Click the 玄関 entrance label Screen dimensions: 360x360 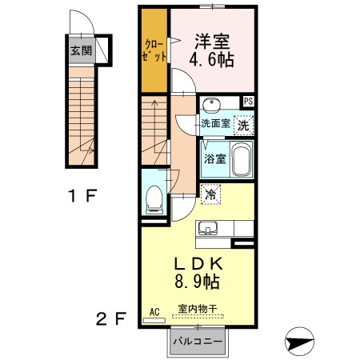pyautogui.click(x=78, y=50)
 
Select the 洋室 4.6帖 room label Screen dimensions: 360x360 pyautogui.click(x=212, y=47)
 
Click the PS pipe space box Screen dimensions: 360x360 pyautogui.click(x=249, y=102)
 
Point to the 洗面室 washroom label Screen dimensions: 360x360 pyautogui.click(x=215, y=124)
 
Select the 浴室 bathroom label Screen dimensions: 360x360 pyautogui.click(x=214, y=158)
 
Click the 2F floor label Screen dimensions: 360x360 pyautogui.click(x=111, y=321)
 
